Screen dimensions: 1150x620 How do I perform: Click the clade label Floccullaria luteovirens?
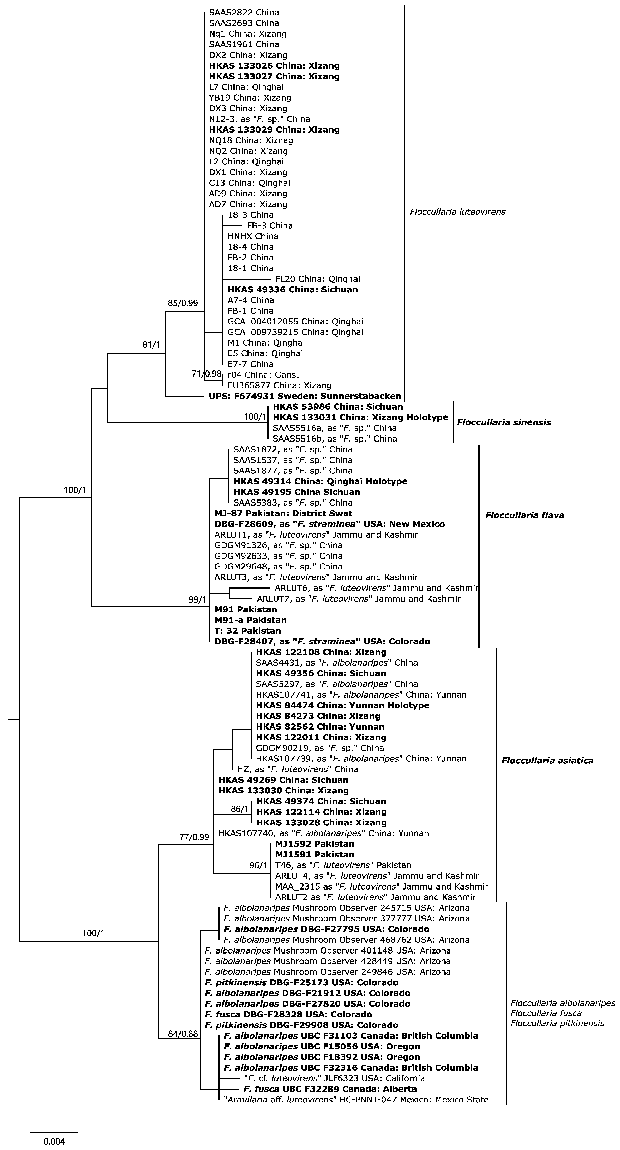click(x=457, y=212)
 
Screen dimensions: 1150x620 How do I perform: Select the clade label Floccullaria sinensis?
click(x=504, y=422)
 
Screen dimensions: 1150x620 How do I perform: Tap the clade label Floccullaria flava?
click(x=524, y=515)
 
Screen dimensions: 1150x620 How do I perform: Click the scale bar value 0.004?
click(x=54, y=1141)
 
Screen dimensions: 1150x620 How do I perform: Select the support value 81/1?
click(x=151, y=345)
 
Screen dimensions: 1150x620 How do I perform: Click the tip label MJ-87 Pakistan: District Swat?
click(x=283, y=513)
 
